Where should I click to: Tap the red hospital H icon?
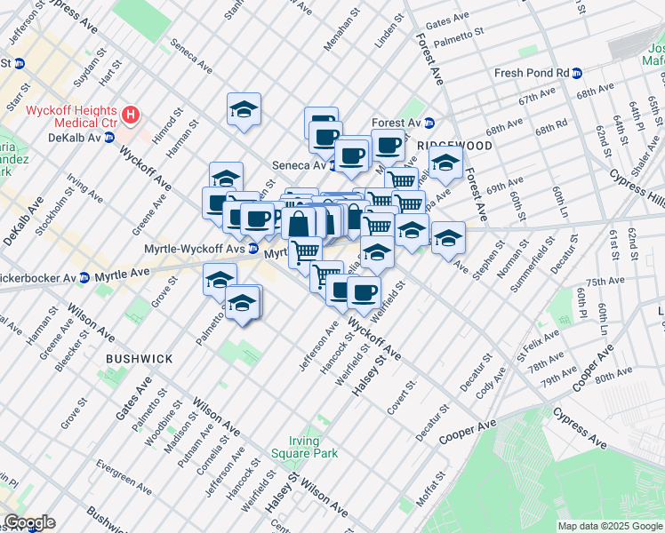tap(132, 115)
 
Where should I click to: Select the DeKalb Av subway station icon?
tap(109, 138)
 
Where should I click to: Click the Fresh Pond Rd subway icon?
tap(577, 73)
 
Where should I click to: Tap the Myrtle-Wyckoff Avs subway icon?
tap(253, 248)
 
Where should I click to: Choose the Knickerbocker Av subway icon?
tap(84, 278)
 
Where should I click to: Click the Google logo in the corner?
tap(29, 522)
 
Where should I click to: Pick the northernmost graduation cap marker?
tap(244, 109)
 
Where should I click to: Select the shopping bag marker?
tap(300, 223)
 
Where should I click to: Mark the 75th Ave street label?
tap(605, 281)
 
